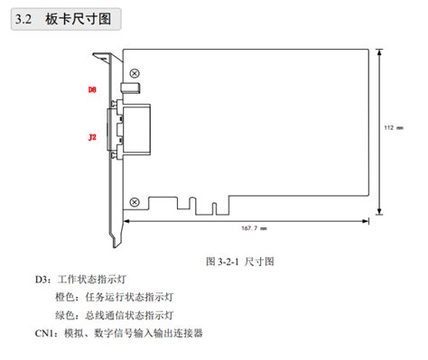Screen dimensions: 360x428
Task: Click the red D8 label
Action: (92, 90)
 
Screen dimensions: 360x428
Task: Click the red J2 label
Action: (92, 137)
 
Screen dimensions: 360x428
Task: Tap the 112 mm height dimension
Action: (395, 127)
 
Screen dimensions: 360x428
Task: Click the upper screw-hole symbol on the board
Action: (135, 72)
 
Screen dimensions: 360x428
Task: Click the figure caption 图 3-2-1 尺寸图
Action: (239, 261)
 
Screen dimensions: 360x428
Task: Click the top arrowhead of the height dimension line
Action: (383, 49)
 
